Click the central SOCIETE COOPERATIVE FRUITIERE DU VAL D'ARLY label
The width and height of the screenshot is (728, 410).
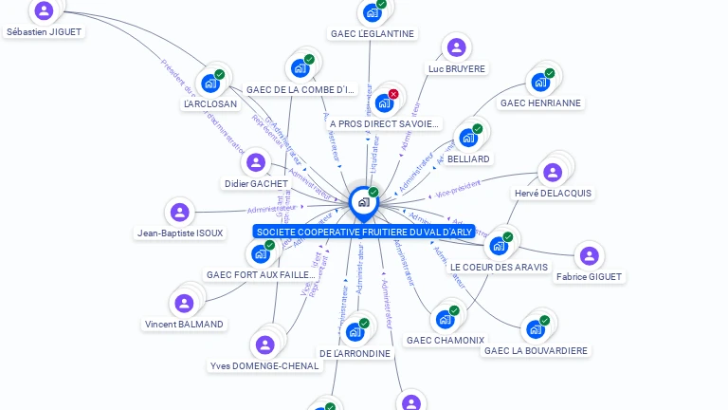click(364, 232)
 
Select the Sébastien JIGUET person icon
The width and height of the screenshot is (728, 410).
click(44, 11)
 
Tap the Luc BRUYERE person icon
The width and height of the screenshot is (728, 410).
click(457, 48)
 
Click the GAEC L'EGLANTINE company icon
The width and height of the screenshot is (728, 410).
click(372, 13)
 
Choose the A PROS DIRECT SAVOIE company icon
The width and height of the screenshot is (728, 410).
click(384, 102)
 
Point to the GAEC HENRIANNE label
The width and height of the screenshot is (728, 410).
click(540, 102)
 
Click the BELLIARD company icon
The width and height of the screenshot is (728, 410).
click(467, 138)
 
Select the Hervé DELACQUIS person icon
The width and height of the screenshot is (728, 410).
click(552, 173)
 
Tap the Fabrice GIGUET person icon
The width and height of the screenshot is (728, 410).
click(590, 256)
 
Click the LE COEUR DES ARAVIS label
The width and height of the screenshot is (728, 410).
click(499, 268)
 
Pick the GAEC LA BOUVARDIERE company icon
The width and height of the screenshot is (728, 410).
click(536, 330)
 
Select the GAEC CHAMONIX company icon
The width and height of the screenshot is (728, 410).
click(445, 320)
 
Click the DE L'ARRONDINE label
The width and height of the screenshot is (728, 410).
click(355, 353)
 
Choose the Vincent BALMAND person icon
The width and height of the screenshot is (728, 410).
click(184, 304)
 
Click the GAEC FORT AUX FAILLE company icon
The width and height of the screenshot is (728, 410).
click(260, 254)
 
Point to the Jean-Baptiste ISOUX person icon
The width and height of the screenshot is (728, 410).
click(179, 213)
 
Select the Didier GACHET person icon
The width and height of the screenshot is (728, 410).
click(255, 163)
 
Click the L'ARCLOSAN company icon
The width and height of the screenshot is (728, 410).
click(209, 84)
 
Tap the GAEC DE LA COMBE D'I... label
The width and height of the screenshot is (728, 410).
click(300, 90)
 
